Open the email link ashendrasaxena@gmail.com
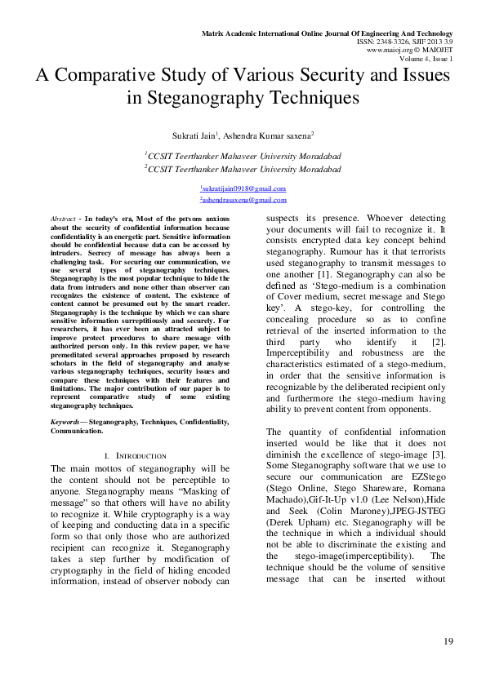click(x=243, y=200)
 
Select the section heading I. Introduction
click(x=136, y=454)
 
